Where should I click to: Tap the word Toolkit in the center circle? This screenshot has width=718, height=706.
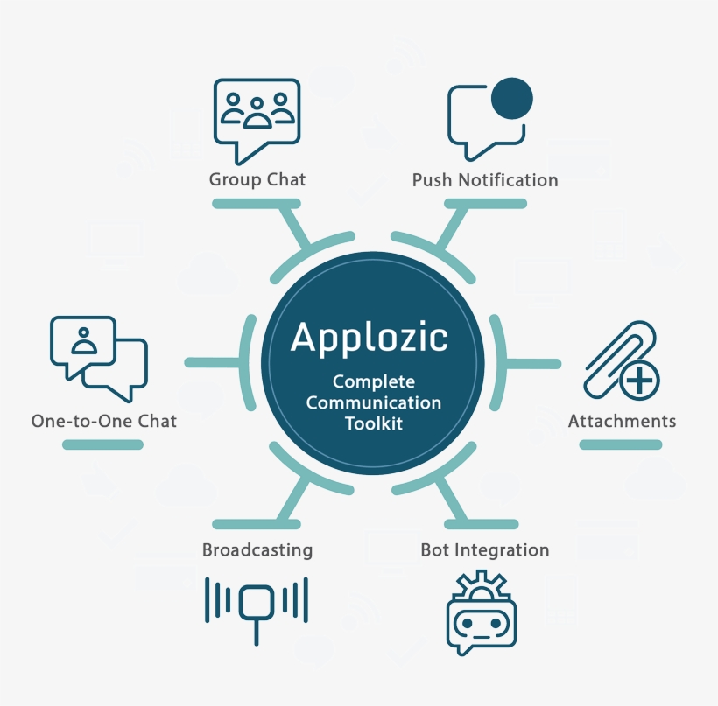(374, 423)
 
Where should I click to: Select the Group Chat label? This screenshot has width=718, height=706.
(257, 179)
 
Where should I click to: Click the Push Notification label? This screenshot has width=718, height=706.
(484, 180)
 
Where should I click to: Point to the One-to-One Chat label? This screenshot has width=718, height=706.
(104, 421)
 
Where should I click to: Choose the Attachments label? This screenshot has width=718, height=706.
(622, 421)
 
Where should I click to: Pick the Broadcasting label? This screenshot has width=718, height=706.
(257, 550)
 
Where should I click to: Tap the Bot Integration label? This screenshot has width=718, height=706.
(484, 550)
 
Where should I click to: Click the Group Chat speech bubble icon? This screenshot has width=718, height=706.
(257, 118)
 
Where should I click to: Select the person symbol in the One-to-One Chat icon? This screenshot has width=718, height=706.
(83, 341)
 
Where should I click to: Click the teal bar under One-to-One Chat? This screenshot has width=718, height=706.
(102, 444)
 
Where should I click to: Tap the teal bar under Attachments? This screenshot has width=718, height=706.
(621, 444)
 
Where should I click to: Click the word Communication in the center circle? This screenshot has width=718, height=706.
(374, 403)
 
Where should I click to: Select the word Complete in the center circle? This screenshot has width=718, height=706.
(374, 382)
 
